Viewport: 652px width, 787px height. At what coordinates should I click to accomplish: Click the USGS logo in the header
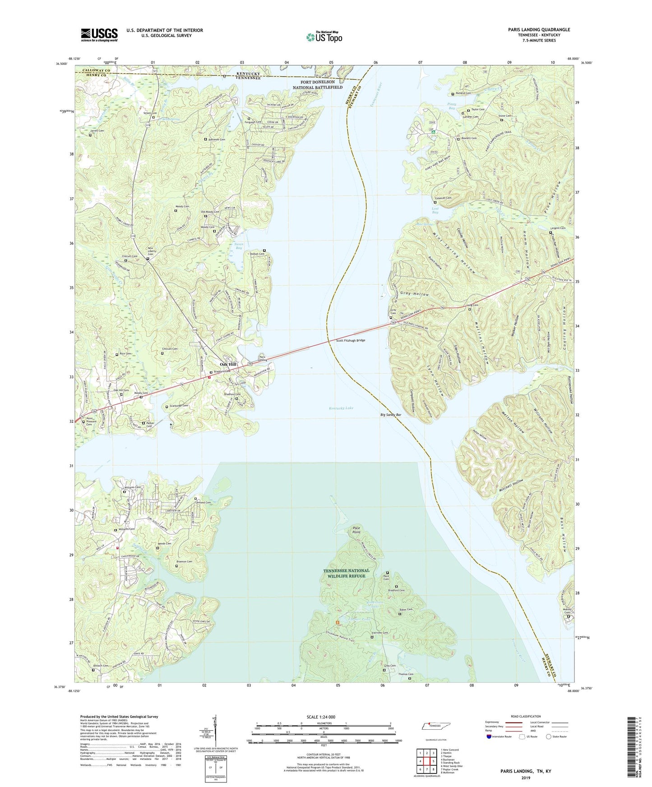click(99, 35)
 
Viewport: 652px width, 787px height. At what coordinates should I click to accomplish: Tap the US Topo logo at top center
click(324, 37)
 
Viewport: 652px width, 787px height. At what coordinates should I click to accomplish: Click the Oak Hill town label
click(228, 364)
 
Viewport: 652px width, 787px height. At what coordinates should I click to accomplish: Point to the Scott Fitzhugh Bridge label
click(350, 340)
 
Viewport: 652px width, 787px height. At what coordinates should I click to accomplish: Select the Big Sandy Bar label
click(391, 414)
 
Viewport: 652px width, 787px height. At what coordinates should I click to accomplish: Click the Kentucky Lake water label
click(341, 408)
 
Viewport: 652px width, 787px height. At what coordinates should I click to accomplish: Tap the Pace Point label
click(356, 530)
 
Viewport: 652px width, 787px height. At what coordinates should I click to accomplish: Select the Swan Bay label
click(239, 246)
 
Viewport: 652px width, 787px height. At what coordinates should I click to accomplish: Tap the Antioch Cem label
click(101, 666)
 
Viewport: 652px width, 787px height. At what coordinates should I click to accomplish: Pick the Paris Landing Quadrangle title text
click(539, 30)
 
